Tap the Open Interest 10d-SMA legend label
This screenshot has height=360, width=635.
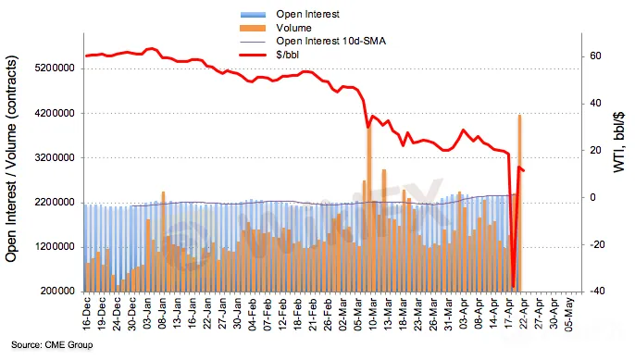coord(330,41)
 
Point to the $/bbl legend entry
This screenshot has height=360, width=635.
coord(288,55)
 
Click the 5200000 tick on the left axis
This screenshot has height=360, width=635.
coord(56,68)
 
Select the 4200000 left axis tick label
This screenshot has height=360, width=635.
coord(56,113)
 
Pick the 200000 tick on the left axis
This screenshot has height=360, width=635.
coord(57,291)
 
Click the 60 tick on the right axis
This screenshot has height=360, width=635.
coord(595,56)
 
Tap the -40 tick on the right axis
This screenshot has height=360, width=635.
coord(596,291)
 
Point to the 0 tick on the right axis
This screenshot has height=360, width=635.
coord(592,197)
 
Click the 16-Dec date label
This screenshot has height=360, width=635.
coord(87,314)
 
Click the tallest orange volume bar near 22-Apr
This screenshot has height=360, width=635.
coord(519,204)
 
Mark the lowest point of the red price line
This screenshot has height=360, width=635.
coord(513,287)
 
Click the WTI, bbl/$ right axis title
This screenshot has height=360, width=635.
coord(618,142)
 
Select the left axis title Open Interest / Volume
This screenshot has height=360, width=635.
coord(11,158)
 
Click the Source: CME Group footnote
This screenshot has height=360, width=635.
coord(52,345)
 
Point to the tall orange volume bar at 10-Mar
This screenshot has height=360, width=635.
coord(369,207)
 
